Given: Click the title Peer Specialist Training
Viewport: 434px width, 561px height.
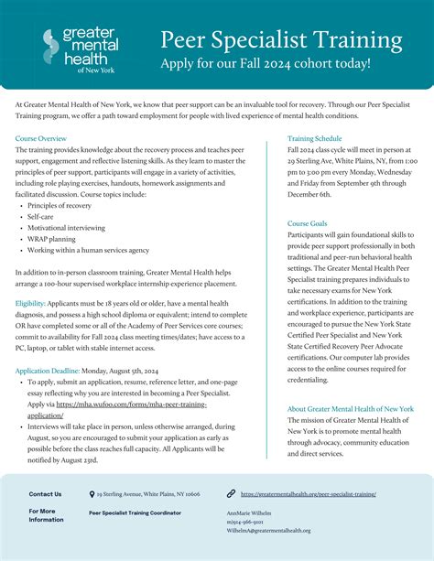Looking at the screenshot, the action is [x=281, y=40].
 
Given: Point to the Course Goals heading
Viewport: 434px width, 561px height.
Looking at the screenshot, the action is [x=307, y=223].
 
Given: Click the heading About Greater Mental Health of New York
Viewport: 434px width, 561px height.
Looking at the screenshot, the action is [x=350, y=409].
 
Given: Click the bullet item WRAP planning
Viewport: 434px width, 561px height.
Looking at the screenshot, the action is [x=52, y=240].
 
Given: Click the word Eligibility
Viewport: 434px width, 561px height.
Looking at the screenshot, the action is [x=30, y=302].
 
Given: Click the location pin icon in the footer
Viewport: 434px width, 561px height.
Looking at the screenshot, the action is [x=91, y=494].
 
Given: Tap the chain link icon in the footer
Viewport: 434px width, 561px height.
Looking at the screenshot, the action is [x=232, y=494].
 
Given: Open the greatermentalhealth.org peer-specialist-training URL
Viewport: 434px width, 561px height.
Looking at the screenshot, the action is [x=308, y=494].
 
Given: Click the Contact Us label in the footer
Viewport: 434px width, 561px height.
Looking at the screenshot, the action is [x=46, y=494].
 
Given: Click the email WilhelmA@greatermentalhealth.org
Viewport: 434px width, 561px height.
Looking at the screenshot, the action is [x=269, y=531].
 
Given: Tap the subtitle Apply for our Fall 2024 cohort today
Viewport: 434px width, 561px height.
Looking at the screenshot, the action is [x=266, y=64].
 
